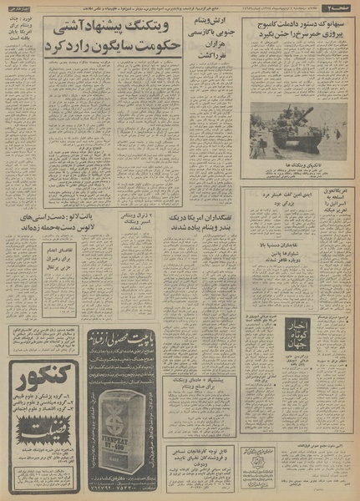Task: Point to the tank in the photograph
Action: [292, 126]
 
